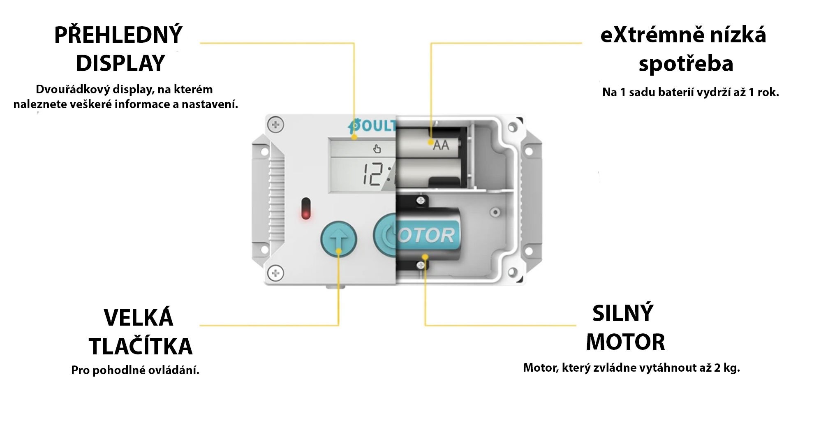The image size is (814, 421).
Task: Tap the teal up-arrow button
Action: pyautogui.click(x=338, y=240)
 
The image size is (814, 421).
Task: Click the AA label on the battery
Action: pyautogui.click(x=441, y=145)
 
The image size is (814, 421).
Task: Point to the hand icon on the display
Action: pyautogui.click(x=377, y=148)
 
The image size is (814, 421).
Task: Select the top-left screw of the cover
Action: pyautogui.click(x=275, y=124)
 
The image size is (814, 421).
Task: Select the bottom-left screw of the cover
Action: pyautogui.click(x=275, y=273)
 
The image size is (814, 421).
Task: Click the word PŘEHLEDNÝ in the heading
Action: pyautogui.click(x=118, y=35)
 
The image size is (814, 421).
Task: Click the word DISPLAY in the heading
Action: pyautogui.click(x=120, y=63)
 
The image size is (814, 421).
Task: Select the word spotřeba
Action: pyautogui.click(x=686, y=64)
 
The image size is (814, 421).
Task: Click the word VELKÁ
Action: pyautogui.click(x=139, y=318)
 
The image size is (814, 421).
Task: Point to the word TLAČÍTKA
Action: pyautogui.click(x=141, y=346)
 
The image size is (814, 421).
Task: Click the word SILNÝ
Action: pyautogui.click(x=623, y=313)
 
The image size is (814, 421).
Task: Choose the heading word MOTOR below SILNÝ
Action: pyautogui.click(x=625, y=342)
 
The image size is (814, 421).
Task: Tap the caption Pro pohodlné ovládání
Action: pyautogui.click(x=135, y=370)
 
